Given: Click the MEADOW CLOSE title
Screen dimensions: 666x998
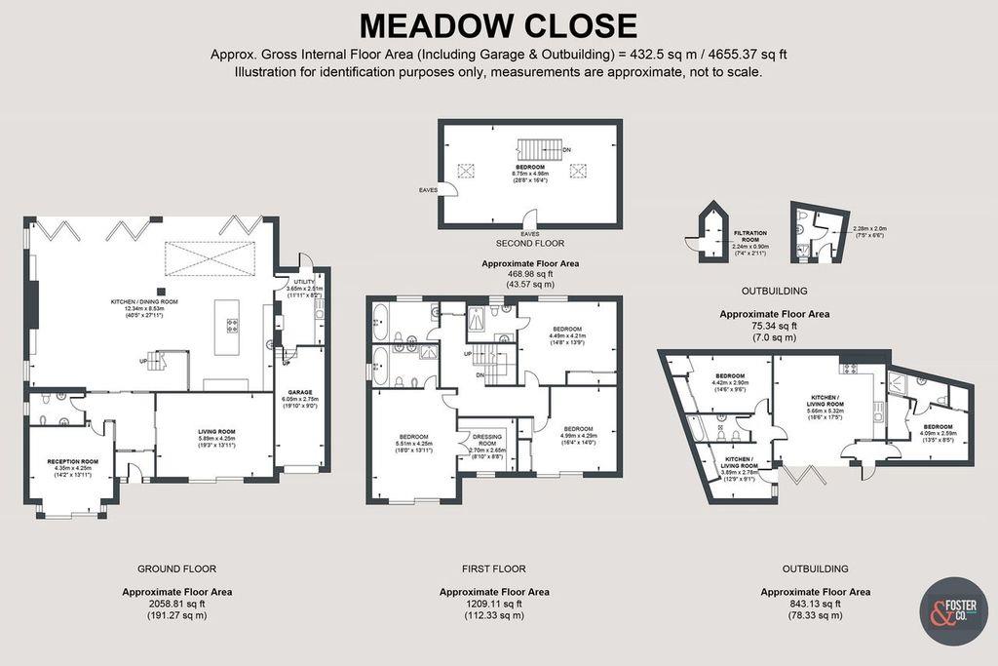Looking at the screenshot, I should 498,24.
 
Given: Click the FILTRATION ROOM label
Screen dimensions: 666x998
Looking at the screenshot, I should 750,234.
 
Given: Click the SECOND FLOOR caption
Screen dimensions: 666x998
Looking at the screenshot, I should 530,243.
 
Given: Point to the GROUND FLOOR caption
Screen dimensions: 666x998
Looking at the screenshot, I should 176,568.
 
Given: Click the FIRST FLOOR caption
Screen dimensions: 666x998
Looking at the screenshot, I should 494,568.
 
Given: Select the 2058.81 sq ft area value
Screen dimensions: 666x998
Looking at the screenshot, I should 176,604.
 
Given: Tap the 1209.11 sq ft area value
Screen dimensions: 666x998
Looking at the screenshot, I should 494,604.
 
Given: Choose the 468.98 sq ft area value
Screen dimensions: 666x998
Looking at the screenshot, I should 530,274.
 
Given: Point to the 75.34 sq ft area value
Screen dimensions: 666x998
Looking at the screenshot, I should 774,326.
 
